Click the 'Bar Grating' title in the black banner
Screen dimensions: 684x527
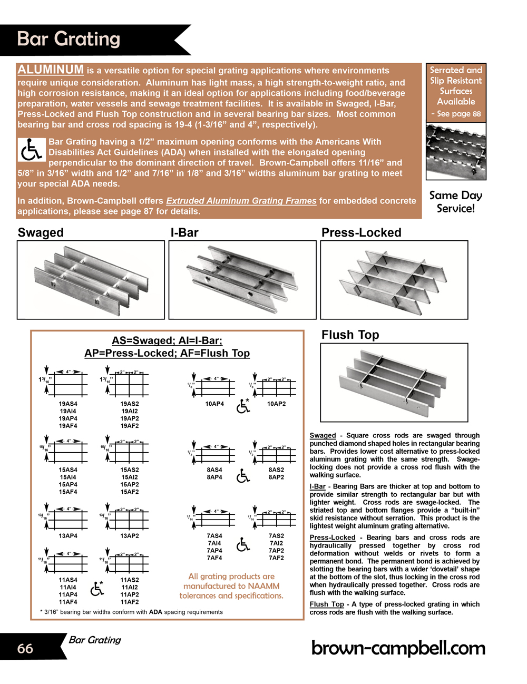pyautogui.click(x=69, y=40)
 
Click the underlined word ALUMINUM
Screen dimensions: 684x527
pyautogui.click(x=51, y=70)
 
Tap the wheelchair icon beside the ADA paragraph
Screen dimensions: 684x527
pyautogui.click(x=31, y=150)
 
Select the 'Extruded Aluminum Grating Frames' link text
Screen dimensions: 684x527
pyautogui.click(x=241, y=201)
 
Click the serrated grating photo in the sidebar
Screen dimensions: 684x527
pyautogui.click(x=456, y=151)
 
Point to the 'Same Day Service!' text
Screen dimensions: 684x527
pyautogui.click(x=456, y=202)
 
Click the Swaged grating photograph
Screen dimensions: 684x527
pyautogui.click(x=91, y=280)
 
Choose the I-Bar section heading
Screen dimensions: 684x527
pyautogui.click(x=184, y=232)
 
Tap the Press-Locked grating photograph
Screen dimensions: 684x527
pyautogui.click(x=394, y=280)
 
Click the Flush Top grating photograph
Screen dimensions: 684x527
pyautogui.click(x=394, y=382)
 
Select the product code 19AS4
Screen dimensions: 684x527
pyautogui.click(x=68, y=404)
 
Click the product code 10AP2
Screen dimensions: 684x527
pyautogui.click(x=276, y=404)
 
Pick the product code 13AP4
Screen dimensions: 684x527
pyautogui.click(x=68, y=536)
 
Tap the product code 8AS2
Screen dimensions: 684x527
pyautogui.click(x=276, y=470)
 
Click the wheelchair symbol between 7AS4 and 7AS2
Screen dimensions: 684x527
pyautogui.click(x=243, y=545)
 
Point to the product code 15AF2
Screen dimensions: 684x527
pyautogui.click(x=130, y=492)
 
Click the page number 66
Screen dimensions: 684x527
pyautogui.click(x=25, y=648)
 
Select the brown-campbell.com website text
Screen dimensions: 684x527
pyautogui.click(x=398, y=648)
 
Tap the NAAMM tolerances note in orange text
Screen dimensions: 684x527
pyautogui.click(x=231, y=586)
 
